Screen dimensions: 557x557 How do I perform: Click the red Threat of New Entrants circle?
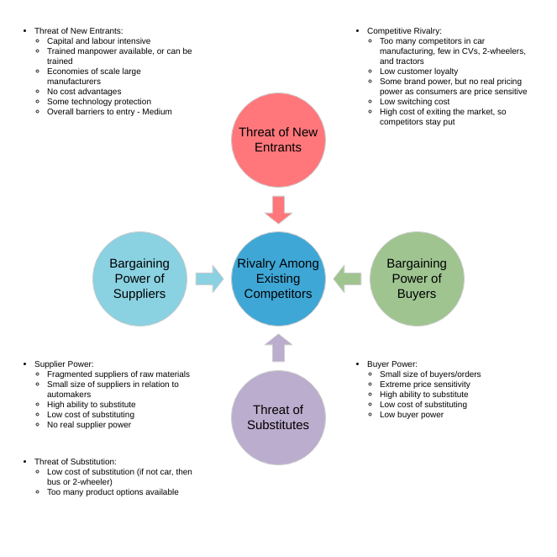[278, 140]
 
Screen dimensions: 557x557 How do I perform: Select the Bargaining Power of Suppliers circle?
[139, 278]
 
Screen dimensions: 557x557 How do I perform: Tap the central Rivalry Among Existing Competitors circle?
[278, 278]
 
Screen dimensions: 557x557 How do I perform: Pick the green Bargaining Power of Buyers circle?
[417, 278]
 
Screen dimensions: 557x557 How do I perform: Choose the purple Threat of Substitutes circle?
[278, 417]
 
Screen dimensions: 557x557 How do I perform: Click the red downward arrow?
[278, 210]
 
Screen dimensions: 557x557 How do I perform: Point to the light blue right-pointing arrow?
[209, 278]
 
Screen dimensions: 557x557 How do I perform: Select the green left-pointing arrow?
[347, 278]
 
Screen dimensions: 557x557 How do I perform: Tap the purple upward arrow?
[278, 347]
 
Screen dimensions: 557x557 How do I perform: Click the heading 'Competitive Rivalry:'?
[404, 31]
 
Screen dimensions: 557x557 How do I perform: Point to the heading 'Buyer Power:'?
[392, 364]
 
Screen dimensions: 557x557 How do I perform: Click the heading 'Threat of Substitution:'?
[76, 462]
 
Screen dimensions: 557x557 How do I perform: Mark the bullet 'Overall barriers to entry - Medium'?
[109, 112]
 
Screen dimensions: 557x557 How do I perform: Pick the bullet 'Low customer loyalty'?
[418, 72]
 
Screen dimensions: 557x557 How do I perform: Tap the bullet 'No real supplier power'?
[89, 425]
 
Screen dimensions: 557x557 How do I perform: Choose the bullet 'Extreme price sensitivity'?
[424, 385]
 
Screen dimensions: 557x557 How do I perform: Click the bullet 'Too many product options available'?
[113, 492]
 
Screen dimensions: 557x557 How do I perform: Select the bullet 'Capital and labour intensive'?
[98, 41]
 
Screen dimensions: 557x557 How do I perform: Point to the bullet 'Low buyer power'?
[411, 415]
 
